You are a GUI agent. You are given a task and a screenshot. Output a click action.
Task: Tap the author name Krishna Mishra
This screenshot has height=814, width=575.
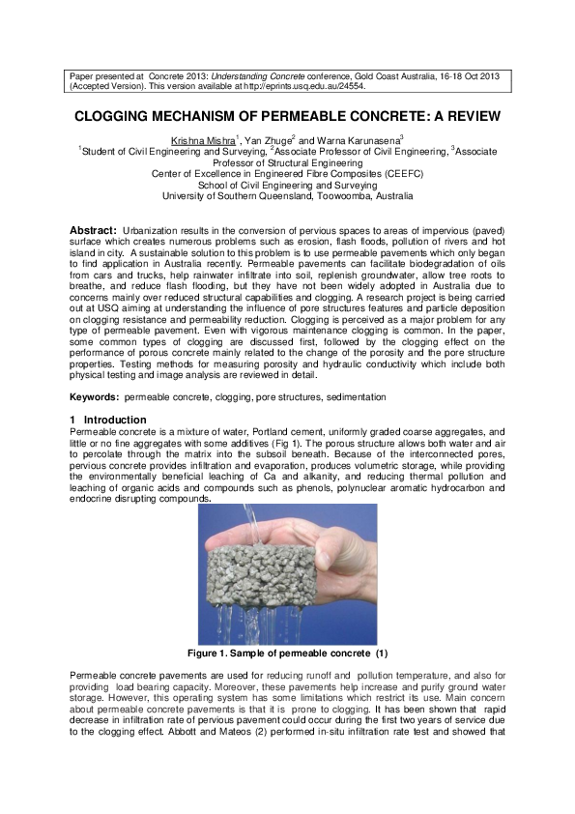coord(203,140)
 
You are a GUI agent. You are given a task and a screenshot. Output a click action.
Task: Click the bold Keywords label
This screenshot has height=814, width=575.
coord(94,397)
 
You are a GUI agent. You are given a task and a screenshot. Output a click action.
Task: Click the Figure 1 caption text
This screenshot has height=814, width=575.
coord(287,654)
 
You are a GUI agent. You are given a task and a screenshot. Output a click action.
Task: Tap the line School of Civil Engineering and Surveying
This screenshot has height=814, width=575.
coord(287,185)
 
